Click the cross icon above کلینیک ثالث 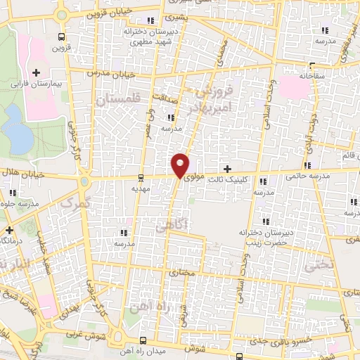(x=227, y=169)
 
